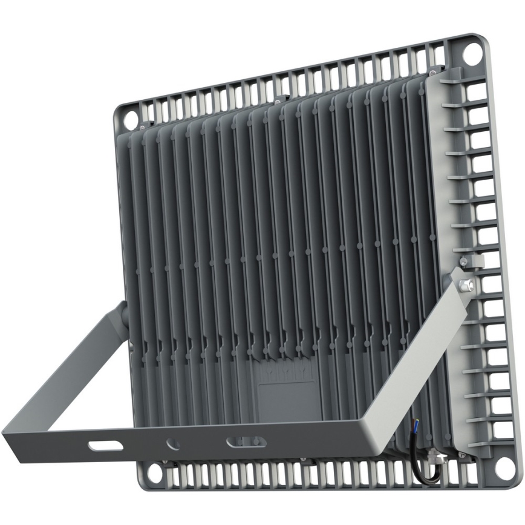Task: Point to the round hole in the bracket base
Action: [173, 444]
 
